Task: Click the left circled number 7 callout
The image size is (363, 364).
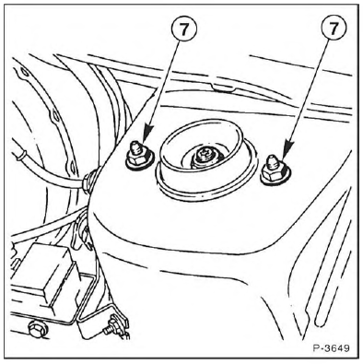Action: pyautogui.click(x=183, y=29)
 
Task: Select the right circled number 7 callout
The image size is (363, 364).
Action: pyautogui.click(x=334, y=29)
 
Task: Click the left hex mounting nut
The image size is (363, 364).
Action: pyautogui.click(x=138, y=158)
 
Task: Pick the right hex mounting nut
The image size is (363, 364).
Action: pyautogui.click(x=274, y=174)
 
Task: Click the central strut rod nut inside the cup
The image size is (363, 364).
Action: pyautogui.click(x=204, y=158)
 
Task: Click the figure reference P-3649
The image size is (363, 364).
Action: pyautogui.click(x=332, y=348)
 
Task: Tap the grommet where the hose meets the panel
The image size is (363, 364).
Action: pyautogui.click(x=89, y=182)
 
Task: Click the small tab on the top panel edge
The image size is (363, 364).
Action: pyautogui.click(x=223, y=88)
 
